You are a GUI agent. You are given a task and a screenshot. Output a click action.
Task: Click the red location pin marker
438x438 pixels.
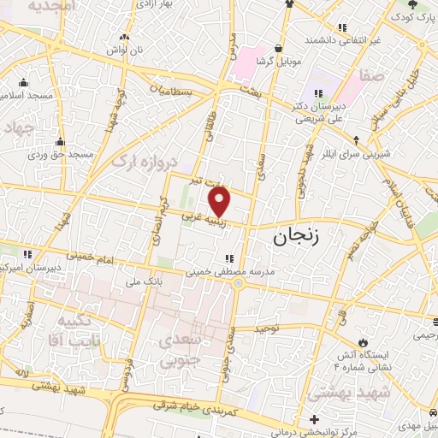click(x=221, y=202)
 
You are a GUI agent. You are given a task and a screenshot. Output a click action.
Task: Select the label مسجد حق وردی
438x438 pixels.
click(x=59, y=154)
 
